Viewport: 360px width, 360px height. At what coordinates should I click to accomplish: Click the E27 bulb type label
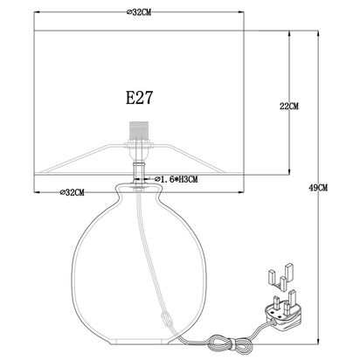[x=139, y=97]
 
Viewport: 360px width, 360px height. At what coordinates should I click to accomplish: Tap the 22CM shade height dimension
[x=289, y=107]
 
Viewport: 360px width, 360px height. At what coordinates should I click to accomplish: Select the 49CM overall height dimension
[x=318, y=188]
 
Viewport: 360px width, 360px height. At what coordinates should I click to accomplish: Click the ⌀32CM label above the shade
[x=139, y=12]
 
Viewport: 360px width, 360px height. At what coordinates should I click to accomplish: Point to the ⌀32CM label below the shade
[x=72, y=192]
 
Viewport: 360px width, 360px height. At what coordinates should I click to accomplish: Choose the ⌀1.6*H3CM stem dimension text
[x=177, y=179]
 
